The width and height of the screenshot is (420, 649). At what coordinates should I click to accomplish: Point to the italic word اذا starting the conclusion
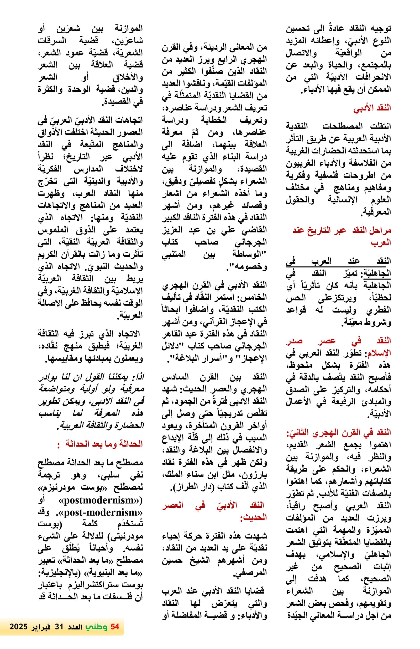tap(138, 377)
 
